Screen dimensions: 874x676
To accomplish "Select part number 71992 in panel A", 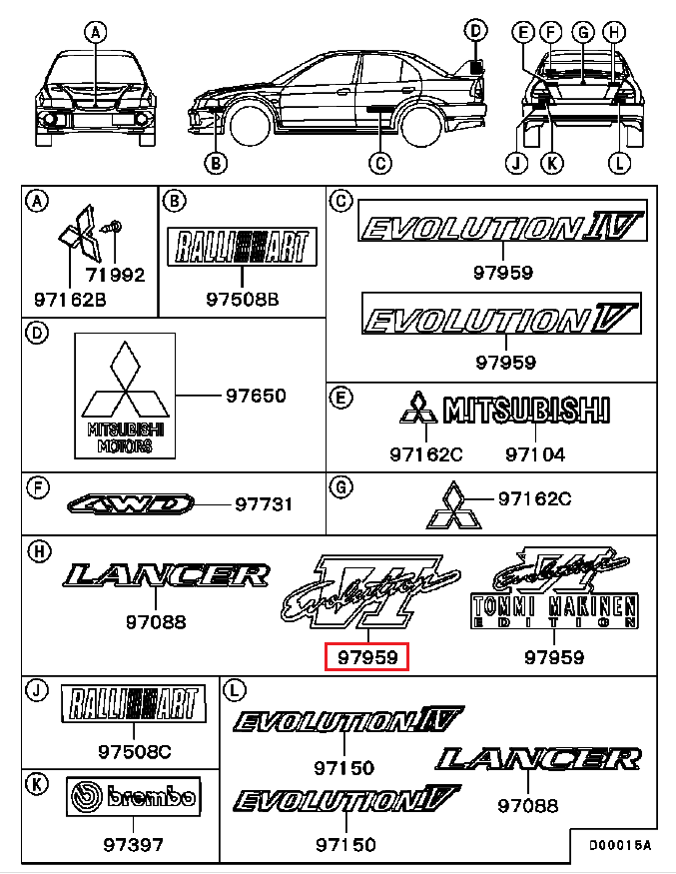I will (114, 275).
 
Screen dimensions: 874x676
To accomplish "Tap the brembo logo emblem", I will (133, 798).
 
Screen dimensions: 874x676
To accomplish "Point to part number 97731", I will (264, 504).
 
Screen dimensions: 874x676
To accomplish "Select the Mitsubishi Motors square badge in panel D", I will (125, 396).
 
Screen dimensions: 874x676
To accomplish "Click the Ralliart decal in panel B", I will (242, 246).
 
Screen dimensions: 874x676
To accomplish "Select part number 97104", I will (534, 454).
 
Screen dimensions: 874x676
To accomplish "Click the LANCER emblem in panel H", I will (166, 574).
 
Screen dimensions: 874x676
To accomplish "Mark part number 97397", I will (133, 845).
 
